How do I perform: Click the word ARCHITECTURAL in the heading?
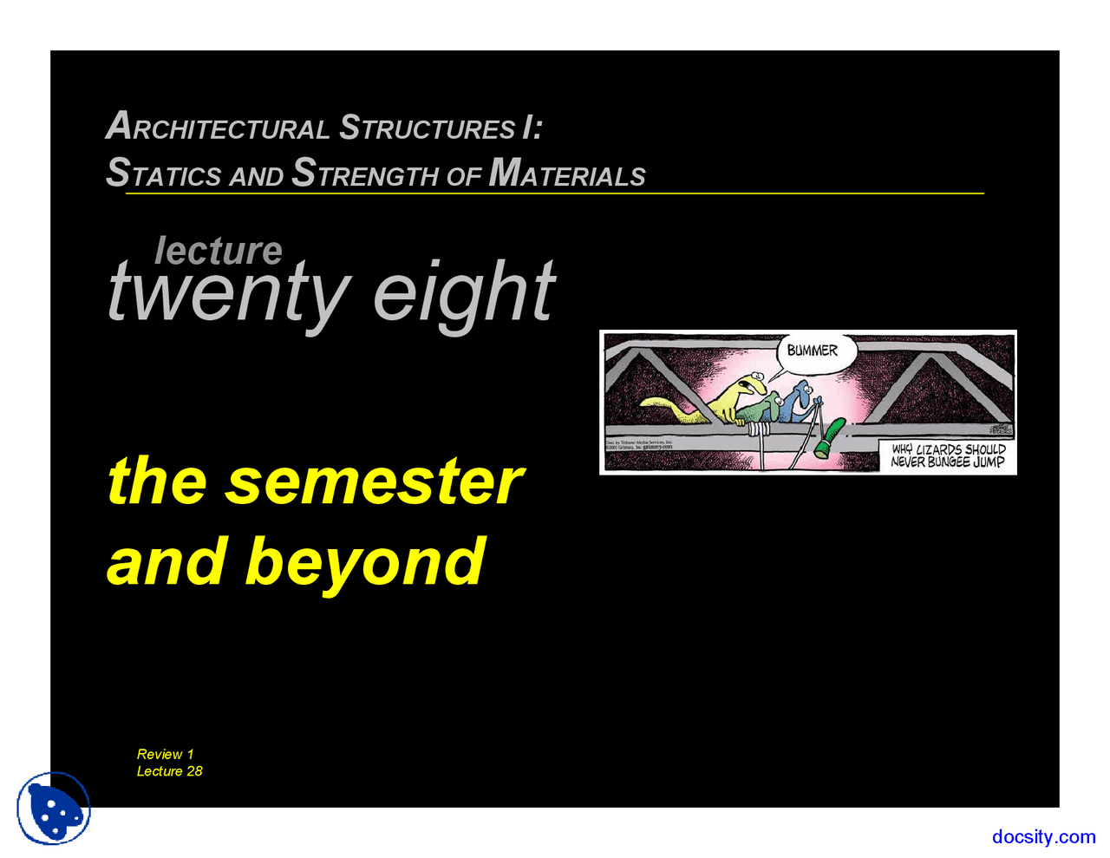(217, 128)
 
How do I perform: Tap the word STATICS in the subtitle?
(163, 174)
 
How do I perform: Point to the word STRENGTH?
(365, 174)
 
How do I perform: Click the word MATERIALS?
(567, 174)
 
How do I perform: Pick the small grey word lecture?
(219, 251)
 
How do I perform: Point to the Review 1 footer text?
(166, 754)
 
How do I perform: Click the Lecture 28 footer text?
(170, 771)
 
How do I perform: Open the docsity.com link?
(1043, 837)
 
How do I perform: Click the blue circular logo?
(54, 809)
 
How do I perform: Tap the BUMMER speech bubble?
(813, 350)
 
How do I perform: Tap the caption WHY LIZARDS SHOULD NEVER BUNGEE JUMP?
(948, 455)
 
